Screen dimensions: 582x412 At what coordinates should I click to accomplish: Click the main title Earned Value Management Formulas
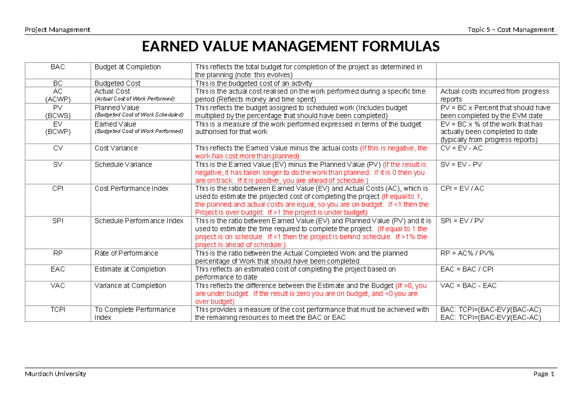291,47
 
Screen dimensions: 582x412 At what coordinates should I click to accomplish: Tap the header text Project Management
57,30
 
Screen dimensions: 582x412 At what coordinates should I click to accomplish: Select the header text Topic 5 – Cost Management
511,30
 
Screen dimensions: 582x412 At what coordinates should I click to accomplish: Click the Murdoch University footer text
55,374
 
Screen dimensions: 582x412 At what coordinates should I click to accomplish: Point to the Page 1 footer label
543,374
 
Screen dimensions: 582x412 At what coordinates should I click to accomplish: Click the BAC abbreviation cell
57,67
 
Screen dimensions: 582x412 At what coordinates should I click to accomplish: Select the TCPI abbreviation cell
57,310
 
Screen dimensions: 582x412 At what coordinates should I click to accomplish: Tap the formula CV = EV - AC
461,148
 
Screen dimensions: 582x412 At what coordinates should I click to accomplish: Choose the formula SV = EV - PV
461,165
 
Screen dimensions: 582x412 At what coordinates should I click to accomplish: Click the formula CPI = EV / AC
462,188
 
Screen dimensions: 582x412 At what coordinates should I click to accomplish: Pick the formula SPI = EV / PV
462,221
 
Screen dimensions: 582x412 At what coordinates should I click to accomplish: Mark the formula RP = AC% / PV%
466,253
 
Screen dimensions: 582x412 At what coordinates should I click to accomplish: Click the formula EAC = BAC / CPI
467,269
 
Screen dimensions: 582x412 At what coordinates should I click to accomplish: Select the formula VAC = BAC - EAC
468,286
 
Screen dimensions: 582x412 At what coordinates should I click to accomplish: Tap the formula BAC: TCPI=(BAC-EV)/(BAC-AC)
490,310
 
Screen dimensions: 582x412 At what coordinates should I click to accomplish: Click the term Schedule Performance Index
139,221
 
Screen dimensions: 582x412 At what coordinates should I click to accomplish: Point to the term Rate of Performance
126,253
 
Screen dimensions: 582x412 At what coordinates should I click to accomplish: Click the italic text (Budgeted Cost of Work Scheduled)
139,115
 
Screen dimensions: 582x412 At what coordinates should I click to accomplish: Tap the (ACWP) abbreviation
57,99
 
